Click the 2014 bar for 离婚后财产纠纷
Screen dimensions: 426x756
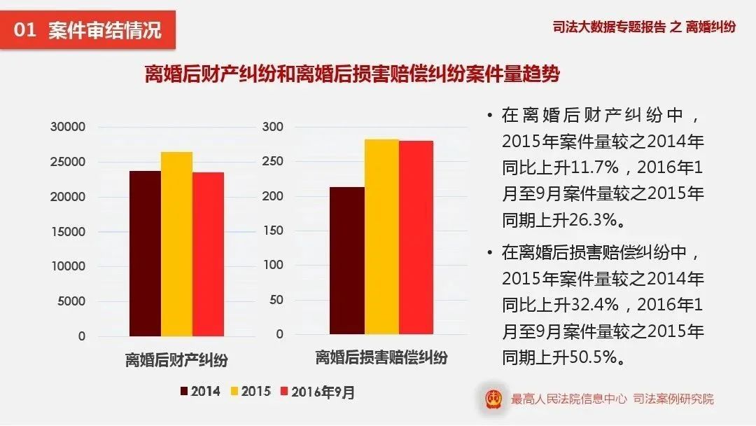(x=144, y=253)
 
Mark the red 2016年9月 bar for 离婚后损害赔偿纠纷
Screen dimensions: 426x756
(x=416, y=238)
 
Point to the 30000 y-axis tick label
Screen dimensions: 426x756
(x=68, y=127)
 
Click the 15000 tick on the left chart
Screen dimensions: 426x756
(x=68, y=232)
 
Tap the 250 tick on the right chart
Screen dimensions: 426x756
(x=272, y=161)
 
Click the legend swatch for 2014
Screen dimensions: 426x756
(x=184, y=392)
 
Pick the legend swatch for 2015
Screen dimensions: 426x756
(x=235, y=392)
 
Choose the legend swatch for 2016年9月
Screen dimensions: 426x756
(x=285, y=392)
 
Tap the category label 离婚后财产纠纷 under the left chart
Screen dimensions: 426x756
(x=176, y=360)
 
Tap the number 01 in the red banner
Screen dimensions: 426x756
(x=24, y=30)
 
